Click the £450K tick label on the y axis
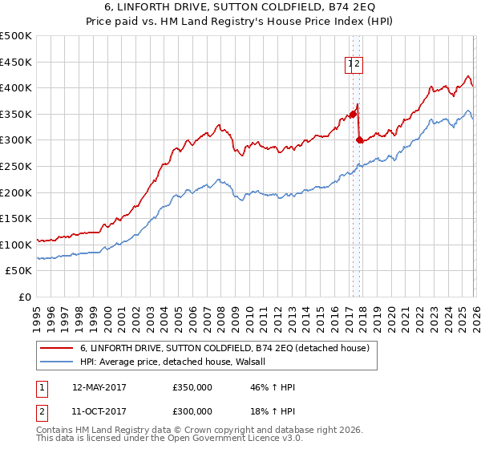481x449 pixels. [16, 62]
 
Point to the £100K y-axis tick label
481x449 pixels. [16, 245]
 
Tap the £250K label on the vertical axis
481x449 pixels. [16, 166]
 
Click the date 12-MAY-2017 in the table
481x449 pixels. [99, 387]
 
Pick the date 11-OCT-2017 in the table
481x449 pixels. [99, 411]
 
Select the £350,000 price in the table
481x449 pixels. [192, 387]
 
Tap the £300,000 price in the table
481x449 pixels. [192, 411]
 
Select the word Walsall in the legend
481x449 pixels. [260, 362]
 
